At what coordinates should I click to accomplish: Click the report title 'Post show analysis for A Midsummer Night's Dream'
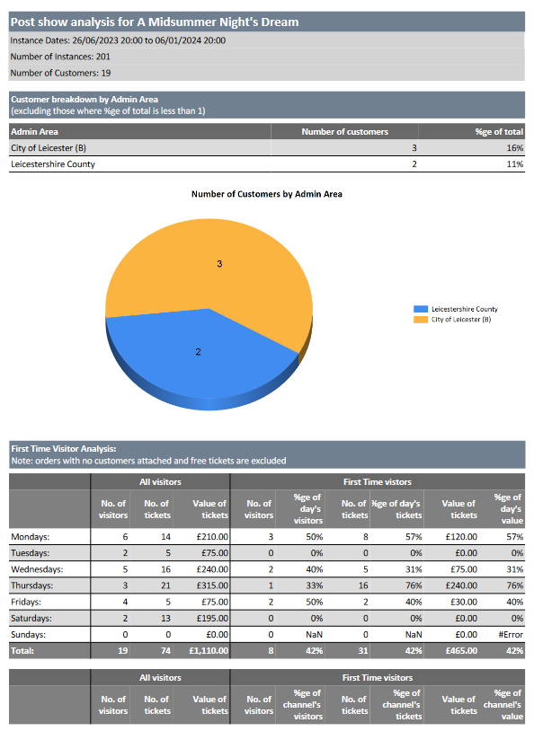point(155,22)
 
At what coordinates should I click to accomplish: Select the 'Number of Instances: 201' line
point(60,57)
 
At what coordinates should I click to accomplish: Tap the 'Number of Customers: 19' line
point(60,74)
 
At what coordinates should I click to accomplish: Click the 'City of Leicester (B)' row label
point(49,148)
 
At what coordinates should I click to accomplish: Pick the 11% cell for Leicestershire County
point(515,164)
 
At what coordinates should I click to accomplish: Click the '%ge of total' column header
point(499,132)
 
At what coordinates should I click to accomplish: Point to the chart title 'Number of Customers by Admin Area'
point(266,194)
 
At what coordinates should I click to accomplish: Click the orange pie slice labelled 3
point(219,264)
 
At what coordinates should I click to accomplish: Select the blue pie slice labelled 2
point(199,355)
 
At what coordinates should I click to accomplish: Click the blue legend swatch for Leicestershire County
point(421,309)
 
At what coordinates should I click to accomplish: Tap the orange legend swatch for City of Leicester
point(421,320)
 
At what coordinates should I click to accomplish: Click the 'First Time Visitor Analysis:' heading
point(64,449)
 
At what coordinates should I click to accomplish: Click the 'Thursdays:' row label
point(31,586)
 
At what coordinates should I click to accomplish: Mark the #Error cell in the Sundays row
point(511,635)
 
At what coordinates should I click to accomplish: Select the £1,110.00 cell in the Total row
point(209,651)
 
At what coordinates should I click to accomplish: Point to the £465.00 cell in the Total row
point(461,651)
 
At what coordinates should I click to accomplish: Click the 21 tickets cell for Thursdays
point(165,586)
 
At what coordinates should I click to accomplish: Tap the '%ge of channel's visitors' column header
point(302,705)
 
